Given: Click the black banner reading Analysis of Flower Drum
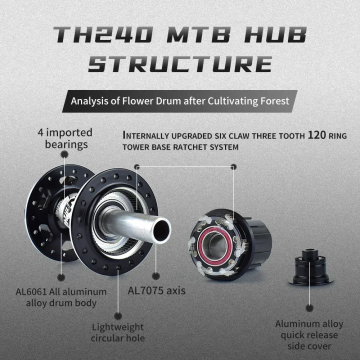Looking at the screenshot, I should pyautogui.click(x=180, y=101).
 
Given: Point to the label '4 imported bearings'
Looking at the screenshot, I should pyautogui.click(x=65, y=138).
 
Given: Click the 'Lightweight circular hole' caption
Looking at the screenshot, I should pyautogui.click(x=117, y=332).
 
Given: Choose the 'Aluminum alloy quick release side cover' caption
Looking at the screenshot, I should pyautogui.click(x=306, y=334).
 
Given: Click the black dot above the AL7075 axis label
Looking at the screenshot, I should pyautogui.click(x=156, y=275).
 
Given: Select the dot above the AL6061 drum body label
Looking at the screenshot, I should pyautogui.click(x=61, y=276).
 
